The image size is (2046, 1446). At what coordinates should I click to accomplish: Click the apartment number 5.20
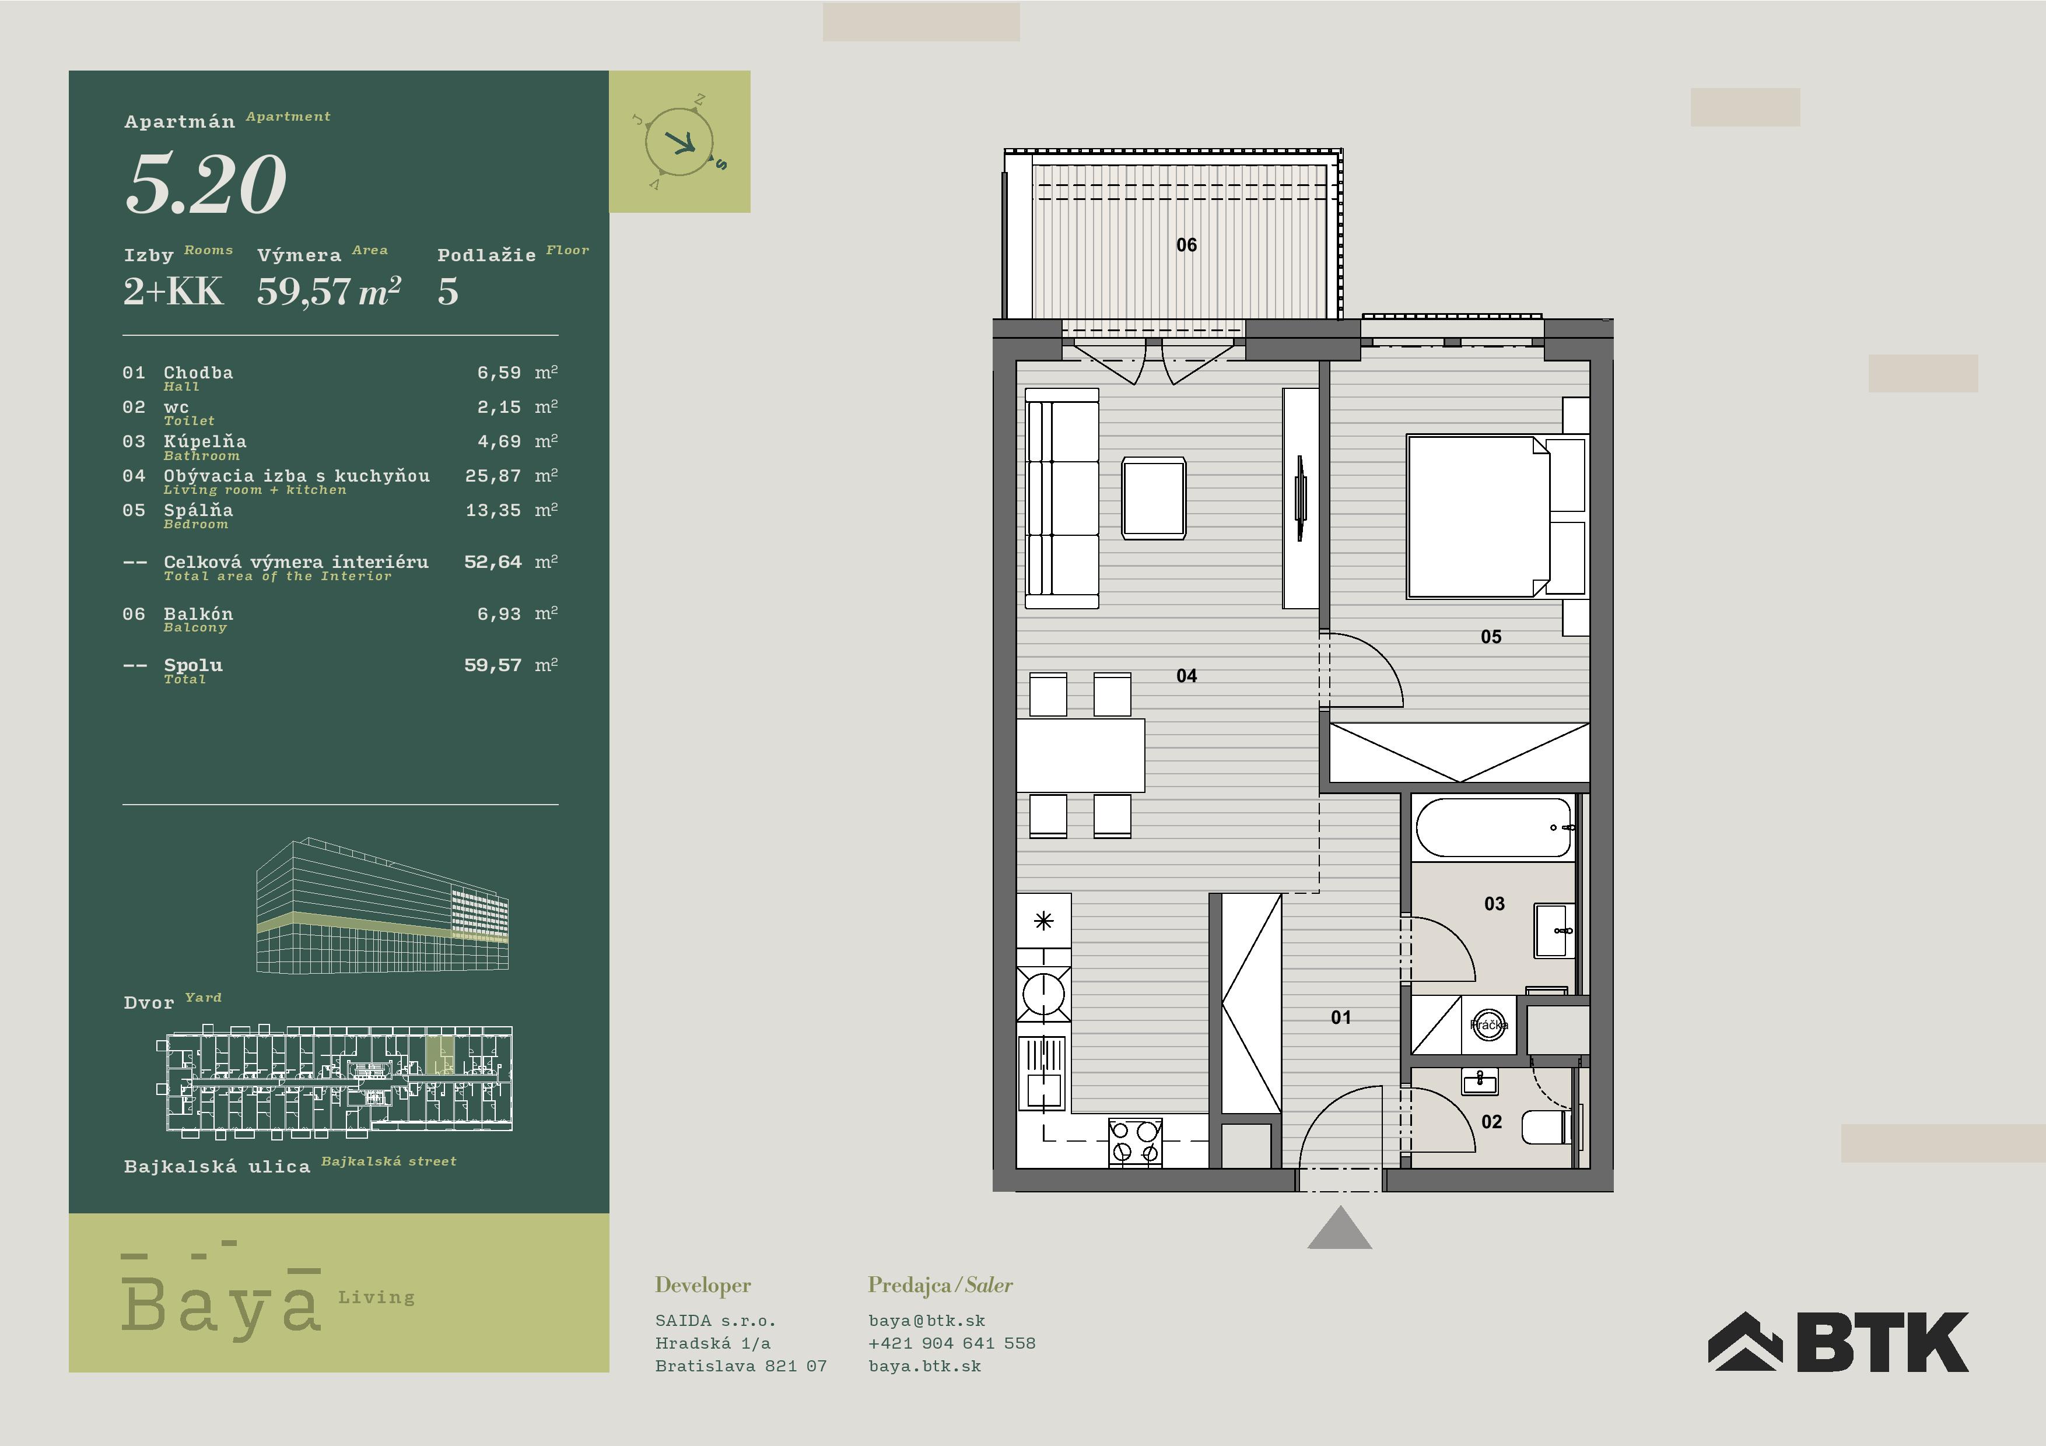pos(206,184)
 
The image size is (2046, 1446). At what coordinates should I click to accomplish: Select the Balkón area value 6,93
pos(499,614)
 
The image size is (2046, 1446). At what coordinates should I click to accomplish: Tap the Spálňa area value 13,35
pos(493,511)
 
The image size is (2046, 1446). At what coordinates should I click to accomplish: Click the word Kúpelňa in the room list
pos(205,441)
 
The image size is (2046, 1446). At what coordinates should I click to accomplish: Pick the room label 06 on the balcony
pos(1186,245)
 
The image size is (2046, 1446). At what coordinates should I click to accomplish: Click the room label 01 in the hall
pos(1340,1017)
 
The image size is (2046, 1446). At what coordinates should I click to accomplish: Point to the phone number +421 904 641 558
pos(952,1343)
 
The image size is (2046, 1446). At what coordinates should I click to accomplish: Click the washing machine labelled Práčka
pos(1488,1024)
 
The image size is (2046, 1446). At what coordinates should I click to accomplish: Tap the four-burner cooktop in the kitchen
pos(1136,1143)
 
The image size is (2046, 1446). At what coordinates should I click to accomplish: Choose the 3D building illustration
pos(382,905)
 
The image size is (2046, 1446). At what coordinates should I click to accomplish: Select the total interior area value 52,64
pos(493,562)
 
